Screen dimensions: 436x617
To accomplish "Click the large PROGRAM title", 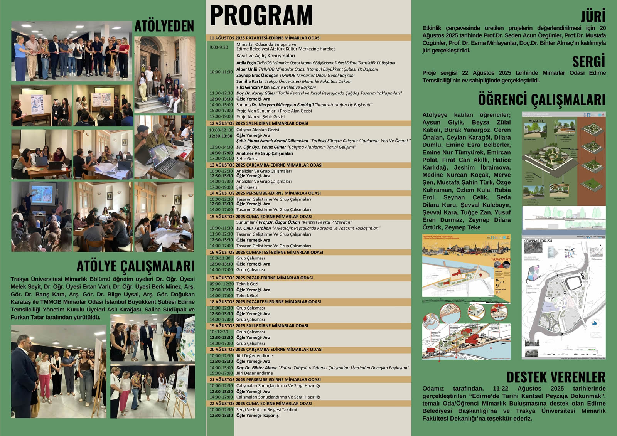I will pos(261,16).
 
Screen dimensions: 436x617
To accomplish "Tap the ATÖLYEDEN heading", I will pos(164,26).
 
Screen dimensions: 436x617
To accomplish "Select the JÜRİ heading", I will pos(593,16).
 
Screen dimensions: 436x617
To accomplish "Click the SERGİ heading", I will pos(588,62).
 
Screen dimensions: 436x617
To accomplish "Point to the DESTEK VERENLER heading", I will pos(556,377).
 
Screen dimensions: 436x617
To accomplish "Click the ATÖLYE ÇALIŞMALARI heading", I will pos(135,266).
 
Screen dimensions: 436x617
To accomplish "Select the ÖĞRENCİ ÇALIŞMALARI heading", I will pos(541,99).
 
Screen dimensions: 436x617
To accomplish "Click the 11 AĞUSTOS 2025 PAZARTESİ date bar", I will pos(265,38).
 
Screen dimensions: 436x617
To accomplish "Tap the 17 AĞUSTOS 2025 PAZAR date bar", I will pos(261,278).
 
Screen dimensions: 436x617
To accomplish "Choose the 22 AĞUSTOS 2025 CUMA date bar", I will pos(261,404).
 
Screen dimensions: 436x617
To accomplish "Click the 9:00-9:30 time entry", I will pos(219,47).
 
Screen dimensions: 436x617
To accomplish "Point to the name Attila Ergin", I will pos(246,63).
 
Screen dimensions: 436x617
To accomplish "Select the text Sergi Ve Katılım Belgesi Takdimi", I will pos(266,409).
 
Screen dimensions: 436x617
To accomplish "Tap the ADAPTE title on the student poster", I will pos(536,121).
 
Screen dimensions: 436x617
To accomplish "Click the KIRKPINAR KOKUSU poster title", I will pos(538,241).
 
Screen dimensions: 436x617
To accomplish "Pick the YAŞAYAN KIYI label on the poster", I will pos(501,259).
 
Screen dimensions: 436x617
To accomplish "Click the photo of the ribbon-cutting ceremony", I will pos(72,51).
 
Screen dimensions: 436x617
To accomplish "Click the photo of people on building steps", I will pos(164,75).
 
